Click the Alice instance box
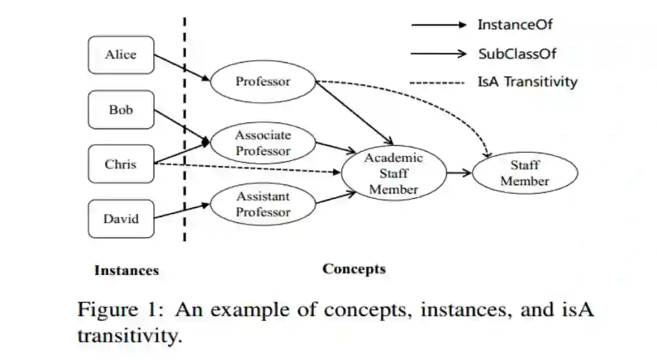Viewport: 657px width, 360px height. pos(121,55)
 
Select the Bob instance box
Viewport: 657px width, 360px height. pos(121,110)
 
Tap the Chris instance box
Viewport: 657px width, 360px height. pos(121,164)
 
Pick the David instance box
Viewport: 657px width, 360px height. pos(121,219)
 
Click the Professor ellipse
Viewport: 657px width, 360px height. pos(263,81)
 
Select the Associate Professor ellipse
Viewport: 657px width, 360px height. pos(263,144)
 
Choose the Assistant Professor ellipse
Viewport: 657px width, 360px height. pos(263,204)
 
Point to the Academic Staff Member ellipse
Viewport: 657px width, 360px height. pos(394,173)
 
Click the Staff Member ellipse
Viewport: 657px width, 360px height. pos(524,173)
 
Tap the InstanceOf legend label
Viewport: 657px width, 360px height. pos(515,25)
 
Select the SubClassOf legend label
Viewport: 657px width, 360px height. pos(517,54)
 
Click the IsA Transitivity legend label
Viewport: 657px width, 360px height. pos(527,82)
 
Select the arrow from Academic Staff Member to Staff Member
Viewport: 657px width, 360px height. pos(459,173)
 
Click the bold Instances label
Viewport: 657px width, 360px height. pos(127,271)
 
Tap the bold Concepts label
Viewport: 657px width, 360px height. pos(353,269)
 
